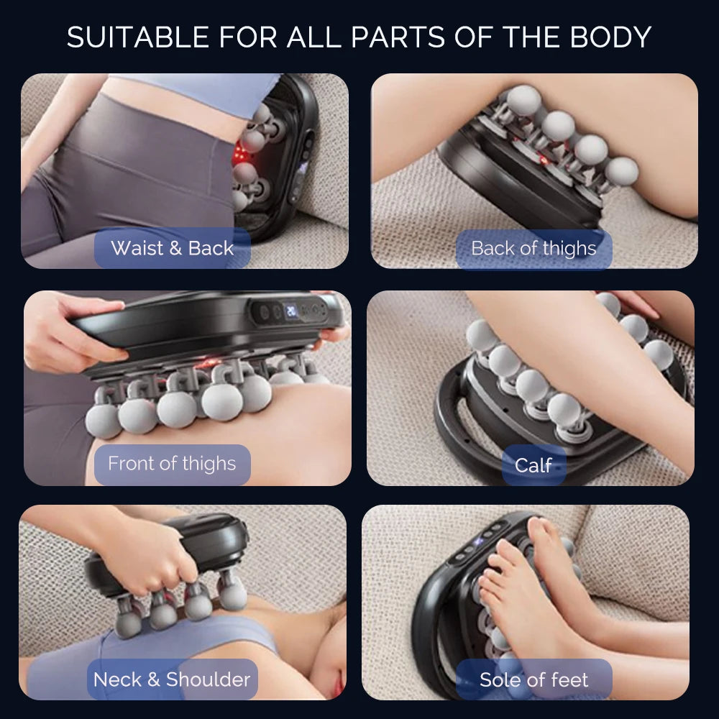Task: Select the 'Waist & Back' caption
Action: [173, 249]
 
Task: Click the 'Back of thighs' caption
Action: [533, 249]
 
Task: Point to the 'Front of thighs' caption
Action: [172, 464]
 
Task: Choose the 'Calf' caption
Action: [533, 465]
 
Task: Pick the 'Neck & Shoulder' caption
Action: [172, 679]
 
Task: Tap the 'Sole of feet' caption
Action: [533, 679]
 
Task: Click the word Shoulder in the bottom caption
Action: [209, 679]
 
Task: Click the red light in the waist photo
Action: [242, 153]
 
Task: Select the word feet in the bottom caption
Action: [569, 679]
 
